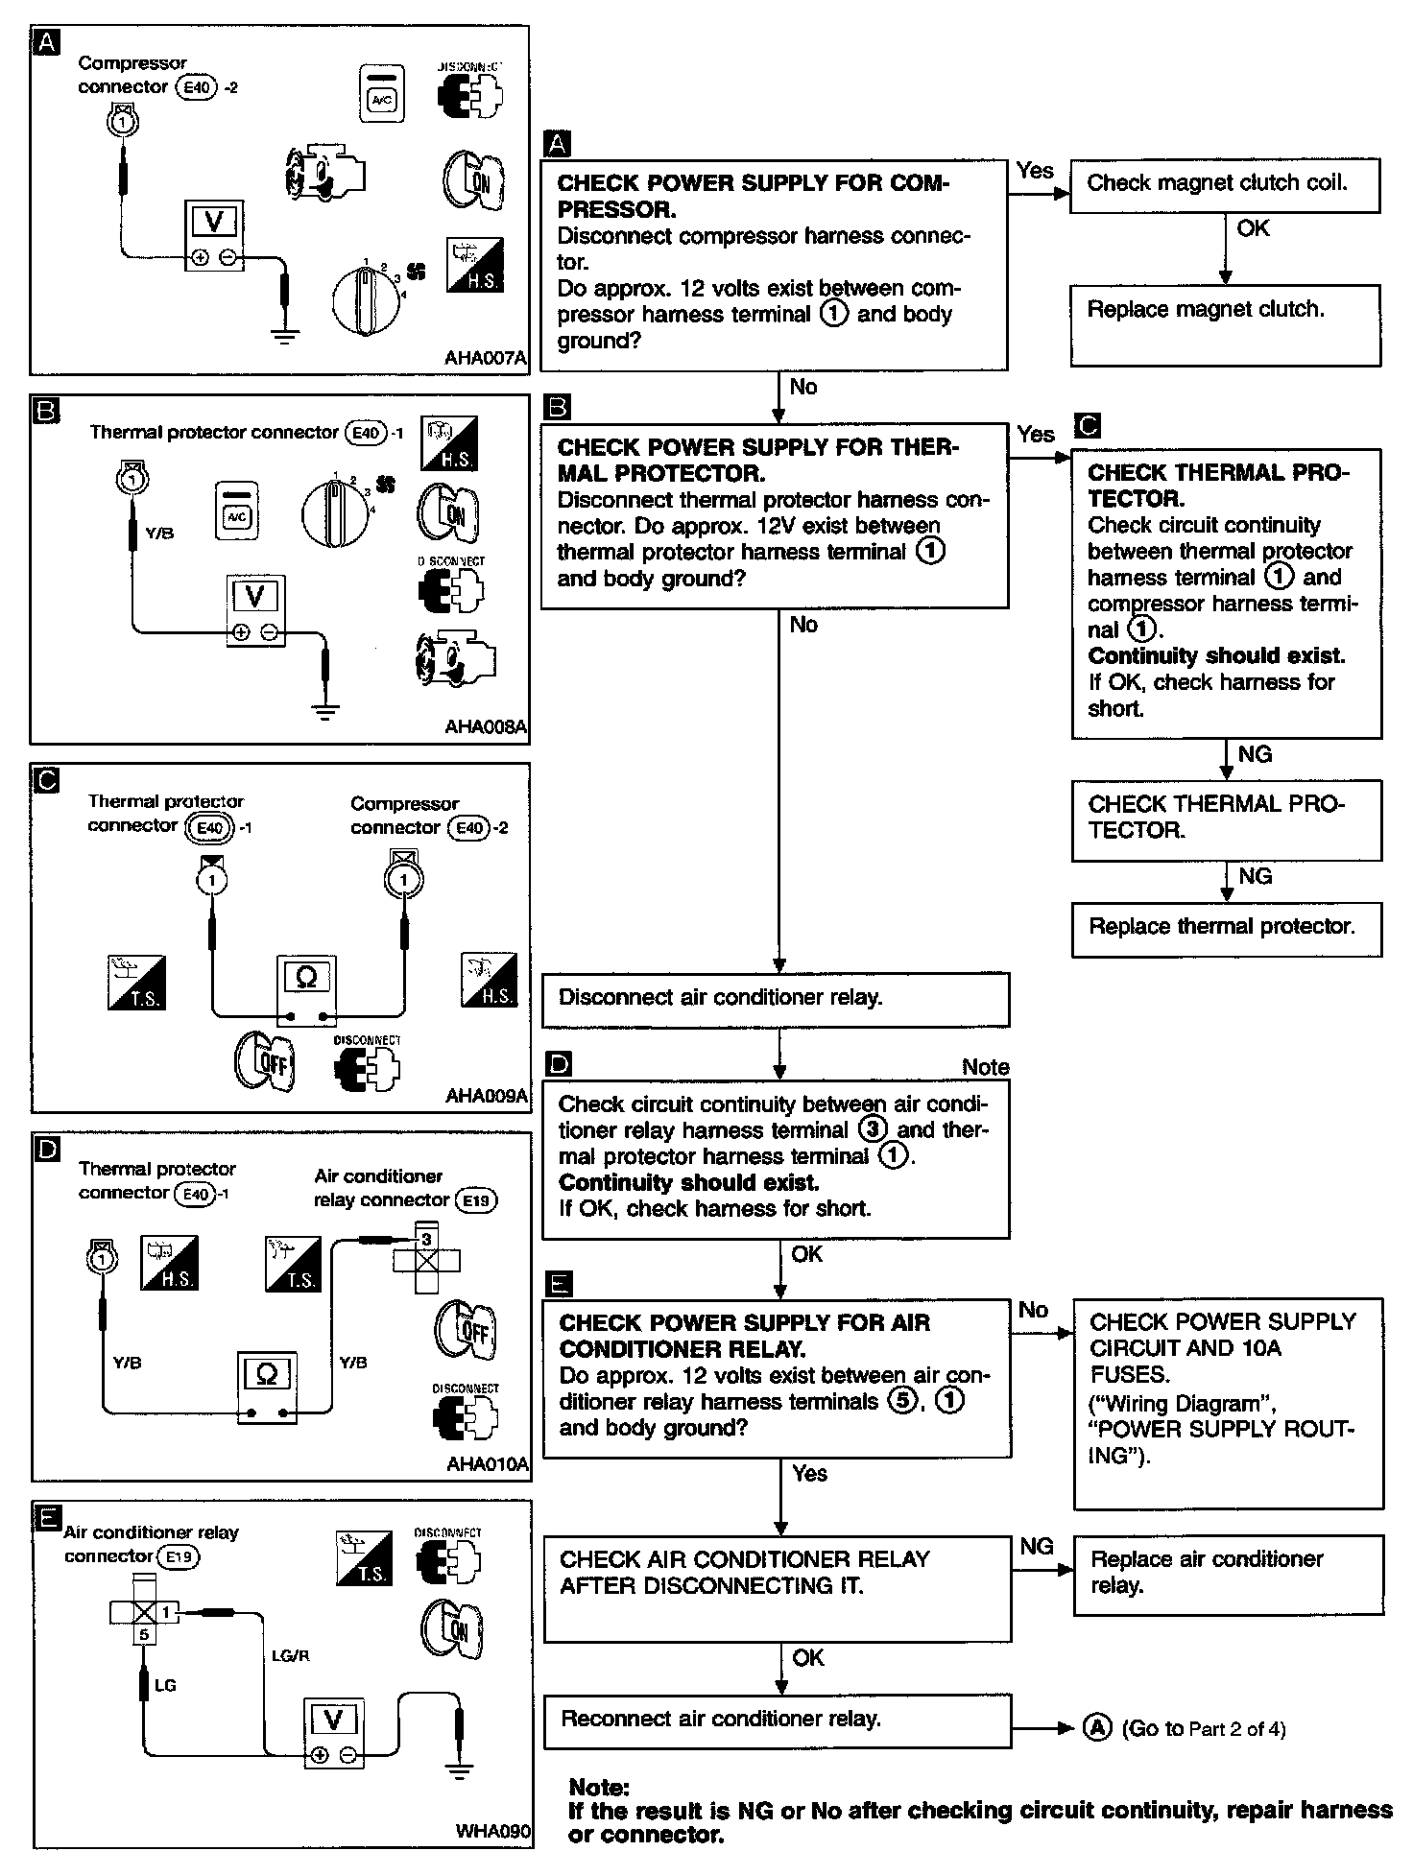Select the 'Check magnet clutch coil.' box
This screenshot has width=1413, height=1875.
click(x=1224, y=184)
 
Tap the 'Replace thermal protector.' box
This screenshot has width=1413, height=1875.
click(x=1226, y=928)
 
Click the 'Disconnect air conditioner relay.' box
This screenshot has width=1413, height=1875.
click(x=776, y=999)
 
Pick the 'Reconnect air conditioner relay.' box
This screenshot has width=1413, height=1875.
click(x=778, y=1720)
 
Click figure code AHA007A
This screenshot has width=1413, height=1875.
click(x=486, y=358)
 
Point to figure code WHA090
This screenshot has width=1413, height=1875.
click(x=493, y=1830)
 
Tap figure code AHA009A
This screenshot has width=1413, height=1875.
click(x=487, y=1095)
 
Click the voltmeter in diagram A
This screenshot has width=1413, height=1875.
click(x=213, y=236)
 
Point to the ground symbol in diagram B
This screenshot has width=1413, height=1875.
click(x=326, y=712)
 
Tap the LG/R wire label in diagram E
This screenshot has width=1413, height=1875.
click(x=291, y=1655)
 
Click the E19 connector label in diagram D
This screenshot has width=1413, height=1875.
click(x=477, y=1200)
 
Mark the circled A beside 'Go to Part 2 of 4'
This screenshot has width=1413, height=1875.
click(x=1097, y=1728)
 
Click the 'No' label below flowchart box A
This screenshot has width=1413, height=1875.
click(x=803, y=387)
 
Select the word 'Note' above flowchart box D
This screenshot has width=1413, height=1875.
click(x=985, y=1067)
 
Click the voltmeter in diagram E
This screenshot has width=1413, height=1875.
click(x=333, y=1723)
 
